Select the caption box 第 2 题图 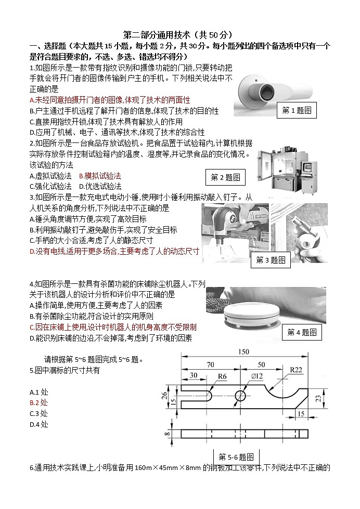click(225, 177)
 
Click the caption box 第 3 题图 click(271, 260)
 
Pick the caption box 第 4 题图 click(301, 332)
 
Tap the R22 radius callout click(296, 370)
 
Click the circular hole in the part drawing click(240, 396)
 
